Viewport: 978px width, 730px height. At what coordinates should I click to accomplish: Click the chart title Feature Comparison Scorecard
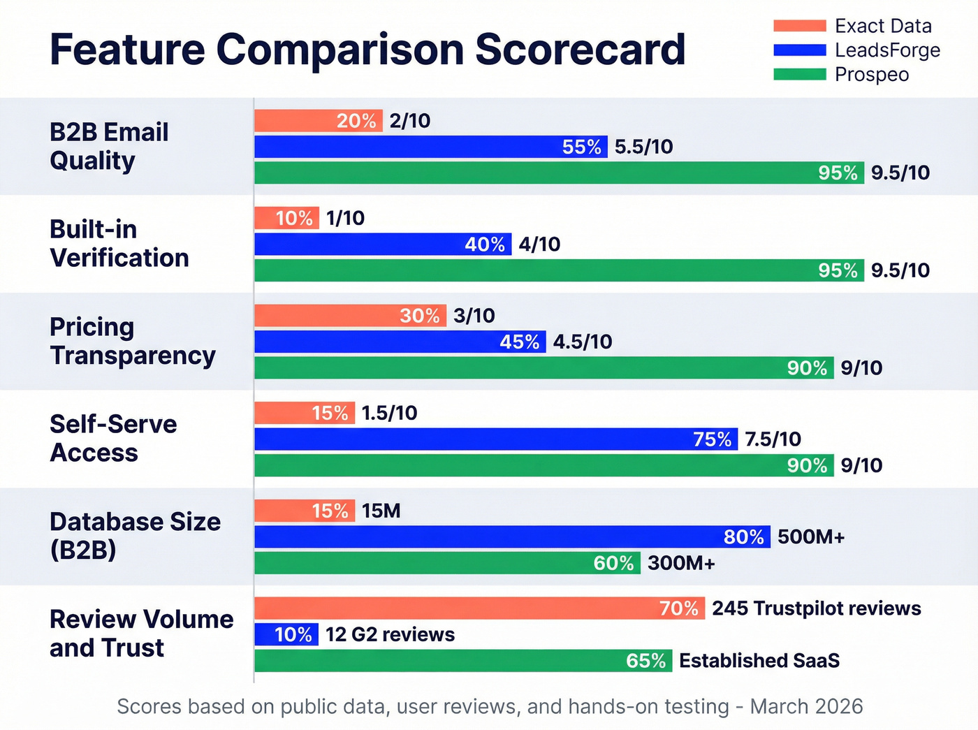click(367, 50)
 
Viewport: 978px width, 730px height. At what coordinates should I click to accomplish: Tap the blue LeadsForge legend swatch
click(799, 50)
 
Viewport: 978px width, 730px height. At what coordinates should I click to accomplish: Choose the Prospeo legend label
click(871, 75)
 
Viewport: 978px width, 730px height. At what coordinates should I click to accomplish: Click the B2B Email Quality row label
click(109, 146)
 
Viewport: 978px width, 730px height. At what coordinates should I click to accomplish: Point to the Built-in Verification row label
click(119, 244)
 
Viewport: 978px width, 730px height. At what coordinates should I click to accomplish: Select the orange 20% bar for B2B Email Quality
click(319, 121)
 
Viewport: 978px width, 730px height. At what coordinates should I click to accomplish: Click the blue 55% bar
click(430, 147)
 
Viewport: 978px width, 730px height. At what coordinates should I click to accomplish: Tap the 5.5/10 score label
click(643, 147)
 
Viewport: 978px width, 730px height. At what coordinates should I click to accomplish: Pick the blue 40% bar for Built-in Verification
click(382, 244)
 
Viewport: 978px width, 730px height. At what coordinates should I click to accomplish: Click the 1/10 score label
click(345, 218)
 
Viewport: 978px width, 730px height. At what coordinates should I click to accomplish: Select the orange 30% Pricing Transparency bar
click(350, 316)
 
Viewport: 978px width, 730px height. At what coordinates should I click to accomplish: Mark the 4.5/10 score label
click(582, 342)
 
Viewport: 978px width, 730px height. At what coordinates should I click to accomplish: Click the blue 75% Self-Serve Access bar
click(495, 439)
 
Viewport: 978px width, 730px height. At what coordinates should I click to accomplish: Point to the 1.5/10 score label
click(389, 413)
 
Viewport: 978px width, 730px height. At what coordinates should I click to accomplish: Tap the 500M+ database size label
click(810, 537)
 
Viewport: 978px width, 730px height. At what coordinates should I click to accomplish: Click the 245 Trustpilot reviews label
click(816, 608)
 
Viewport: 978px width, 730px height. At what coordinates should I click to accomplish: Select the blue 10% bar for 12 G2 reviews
click(286, 634)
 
